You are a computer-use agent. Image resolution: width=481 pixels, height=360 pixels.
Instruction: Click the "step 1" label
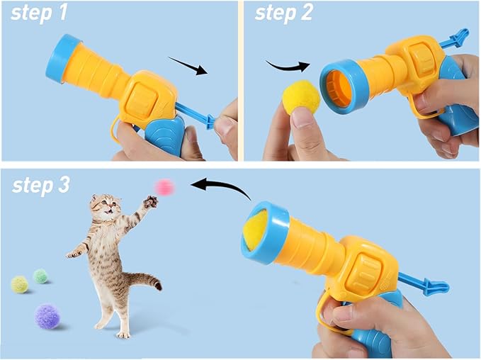point(39,13)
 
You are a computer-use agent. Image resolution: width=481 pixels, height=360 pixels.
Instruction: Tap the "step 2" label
point(284,13)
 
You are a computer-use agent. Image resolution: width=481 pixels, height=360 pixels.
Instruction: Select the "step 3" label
point(41,186)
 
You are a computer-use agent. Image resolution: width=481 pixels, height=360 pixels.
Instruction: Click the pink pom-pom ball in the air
point(164,187)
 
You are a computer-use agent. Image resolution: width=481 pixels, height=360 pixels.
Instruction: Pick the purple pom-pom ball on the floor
point(47,316)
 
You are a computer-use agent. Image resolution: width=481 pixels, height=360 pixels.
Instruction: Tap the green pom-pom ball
point(40,276)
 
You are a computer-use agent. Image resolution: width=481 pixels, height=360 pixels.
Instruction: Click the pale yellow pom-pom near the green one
point(20,284)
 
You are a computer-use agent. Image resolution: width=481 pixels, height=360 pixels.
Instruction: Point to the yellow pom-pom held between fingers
point(300,96)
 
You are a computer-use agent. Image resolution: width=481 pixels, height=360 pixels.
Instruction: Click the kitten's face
point(106,206)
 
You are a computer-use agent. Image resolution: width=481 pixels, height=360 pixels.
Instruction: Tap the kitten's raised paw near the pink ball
point(151,202)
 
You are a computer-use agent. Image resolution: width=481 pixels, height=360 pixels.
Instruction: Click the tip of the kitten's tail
point(158,286)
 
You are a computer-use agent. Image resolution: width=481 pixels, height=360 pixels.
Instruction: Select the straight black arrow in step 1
point(188,66)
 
